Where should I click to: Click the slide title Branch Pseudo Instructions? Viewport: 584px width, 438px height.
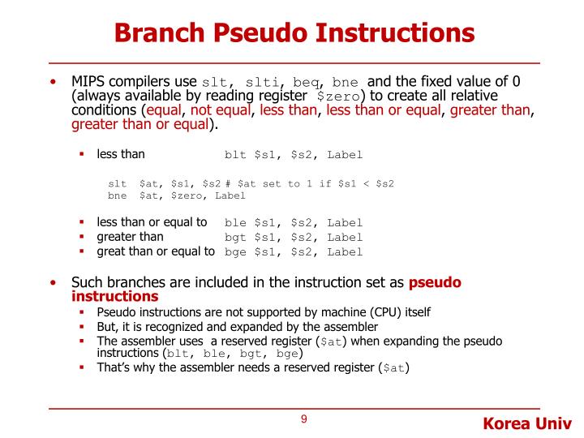[294, 32]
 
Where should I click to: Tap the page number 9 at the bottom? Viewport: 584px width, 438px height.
[303, 419]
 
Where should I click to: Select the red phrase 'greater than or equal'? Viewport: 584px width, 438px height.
[140, 125]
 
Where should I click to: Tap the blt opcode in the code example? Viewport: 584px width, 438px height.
[234, 155]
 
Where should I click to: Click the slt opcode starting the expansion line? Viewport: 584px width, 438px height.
[118, 184]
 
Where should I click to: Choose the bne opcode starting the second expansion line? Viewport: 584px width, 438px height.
[118, 195]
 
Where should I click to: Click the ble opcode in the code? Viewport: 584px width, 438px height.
[234, 223]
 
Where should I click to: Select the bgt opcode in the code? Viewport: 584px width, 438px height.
[234, 238]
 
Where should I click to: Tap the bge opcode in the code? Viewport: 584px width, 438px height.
[234, 252]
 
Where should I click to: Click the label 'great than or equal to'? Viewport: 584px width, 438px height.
[156, 251]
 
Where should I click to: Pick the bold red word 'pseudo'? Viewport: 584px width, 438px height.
[435, 282]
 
